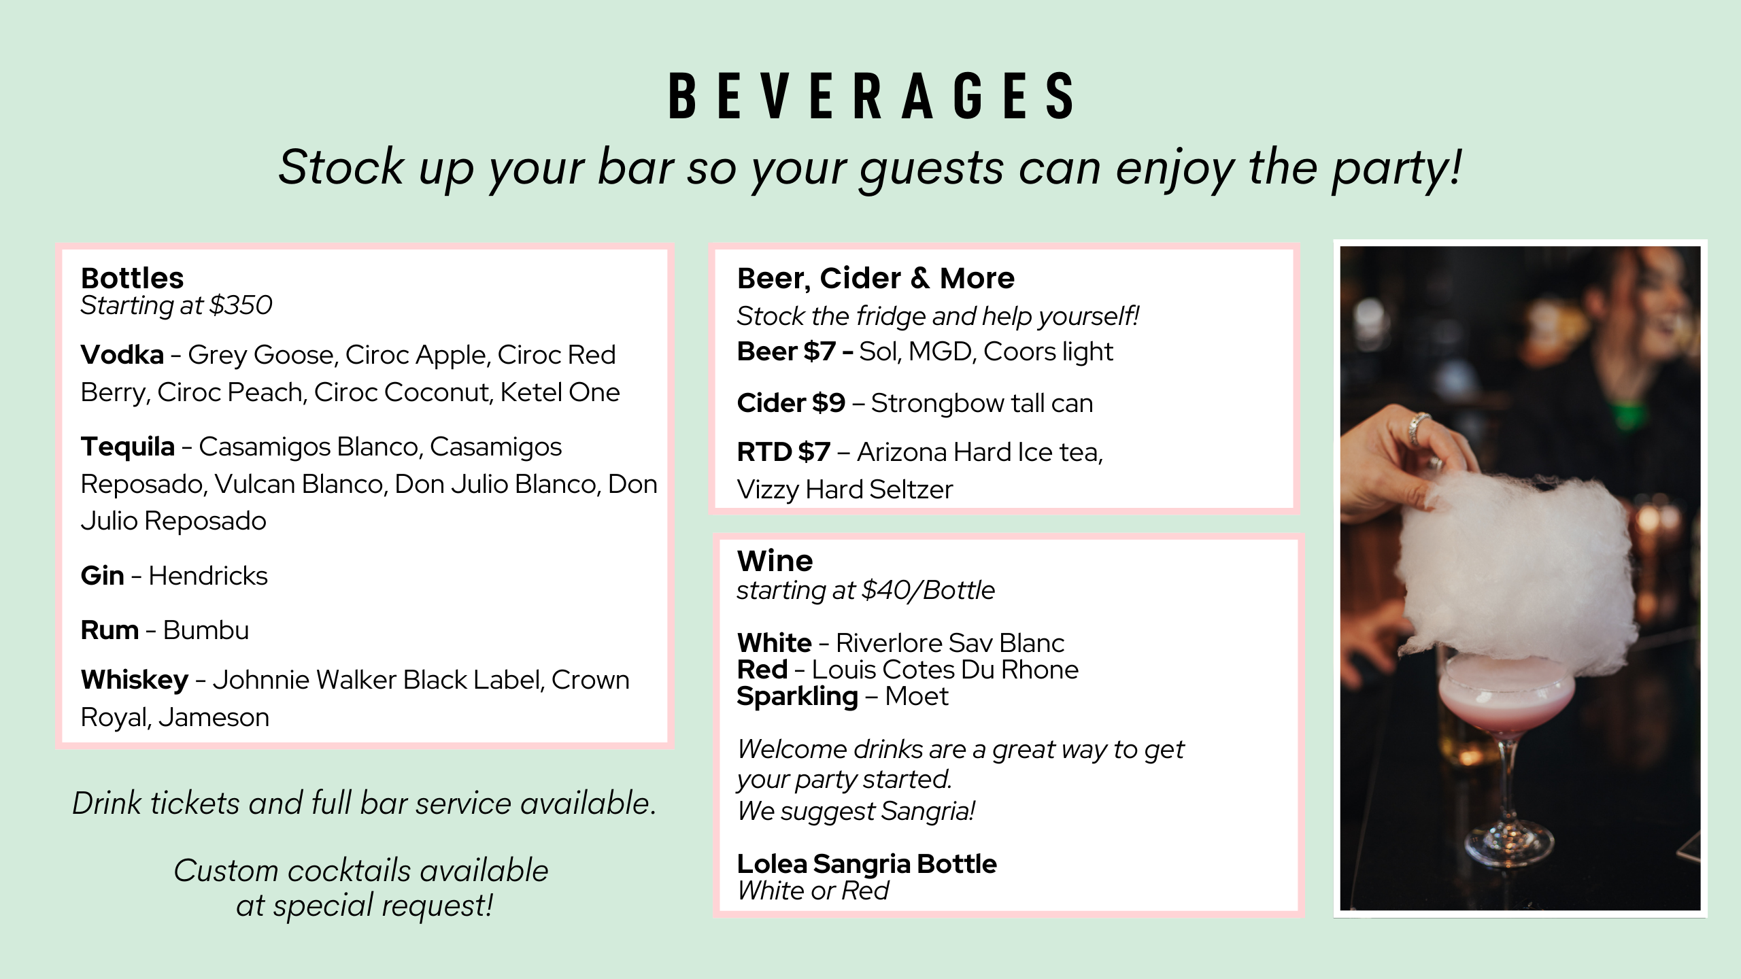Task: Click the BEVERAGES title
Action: (x=871, y=96)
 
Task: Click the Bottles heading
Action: (x=132, y=278)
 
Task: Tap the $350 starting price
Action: (x=241, y=305)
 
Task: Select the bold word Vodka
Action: (x=122, y=355)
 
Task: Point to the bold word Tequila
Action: (x=128, y=447)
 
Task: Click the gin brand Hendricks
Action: (x=208, y=576)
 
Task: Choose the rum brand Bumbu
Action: (x=206, y=630)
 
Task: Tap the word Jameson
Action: (x=214, y=718)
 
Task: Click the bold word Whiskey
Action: (x=135, y=680)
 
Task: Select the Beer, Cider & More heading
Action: (x=876, y=278)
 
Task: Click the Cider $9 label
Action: (x=792, y=403)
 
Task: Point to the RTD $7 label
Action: (x=784, y=452)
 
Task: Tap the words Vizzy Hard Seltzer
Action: (x=845, y=489)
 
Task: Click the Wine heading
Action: (x=775, y=561)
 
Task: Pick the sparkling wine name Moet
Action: (x=917, y=696)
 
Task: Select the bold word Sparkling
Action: (x=798, y=697)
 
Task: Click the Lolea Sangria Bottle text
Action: (x=867, y=864)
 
